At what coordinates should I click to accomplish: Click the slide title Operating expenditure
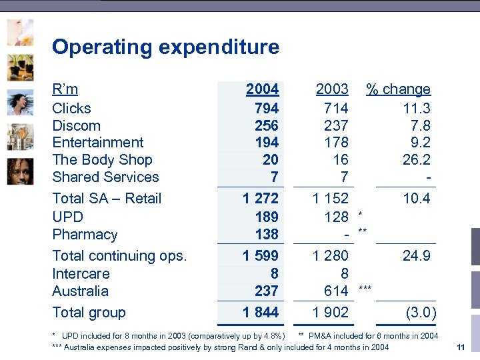[165, 47]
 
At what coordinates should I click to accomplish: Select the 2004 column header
[262, 89]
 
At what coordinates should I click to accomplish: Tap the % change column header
[399, 89]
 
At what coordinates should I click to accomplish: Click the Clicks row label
[71, 108]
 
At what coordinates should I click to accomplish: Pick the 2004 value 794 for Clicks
[267, 108]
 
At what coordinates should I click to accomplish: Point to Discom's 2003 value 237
[336, 125]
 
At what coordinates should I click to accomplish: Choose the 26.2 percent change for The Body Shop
[417, 160]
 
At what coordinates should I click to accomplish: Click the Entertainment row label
[97, 143]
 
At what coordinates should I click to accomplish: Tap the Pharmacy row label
[85, 235]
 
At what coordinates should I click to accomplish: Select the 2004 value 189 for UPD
[267, 217]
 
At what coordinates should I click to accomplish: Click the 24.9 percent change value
[417, 256]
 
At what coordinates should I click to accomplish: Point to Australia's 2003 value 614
[336, 291]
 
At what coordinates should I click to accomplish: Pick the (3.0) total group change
[421, 313]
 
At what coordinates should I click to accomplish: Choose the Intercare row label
[81, 273]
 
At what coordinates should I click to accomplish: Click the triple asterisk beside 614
[365, 288]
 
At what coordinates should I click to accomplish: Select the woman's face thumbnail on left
[20, 171]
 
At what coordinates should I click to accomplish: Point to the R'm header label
[65, 89]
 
